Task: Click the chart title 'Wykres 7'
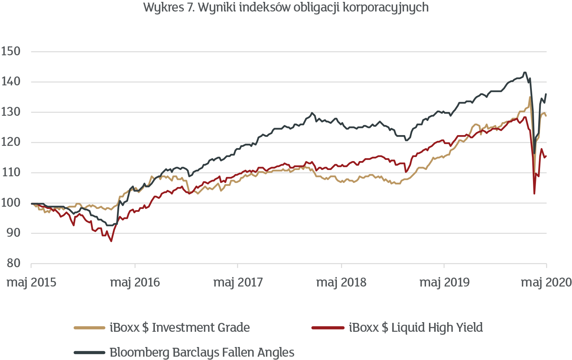(286, 7)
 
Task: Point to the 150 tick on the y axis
(10, 51)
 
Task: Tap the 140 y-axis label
(10, 82)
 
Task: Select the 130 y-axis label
(10, 112)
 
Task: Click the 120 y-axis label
(10, 142)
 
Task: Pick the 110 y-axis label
(10, 172)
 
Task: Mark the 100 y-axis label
(10, 203)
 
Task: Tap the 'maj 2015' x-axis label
(32, 282)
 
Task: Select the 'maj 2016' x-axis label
(135, 282)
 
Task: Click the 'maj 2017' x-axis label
(238, 282)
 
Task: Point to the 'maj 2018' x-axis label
(341, 282)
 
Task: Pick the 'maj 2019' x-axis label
(444, 282)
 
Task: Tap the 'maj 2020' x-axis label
(546, 282)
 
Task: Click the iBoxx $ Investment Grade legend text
(180, 327)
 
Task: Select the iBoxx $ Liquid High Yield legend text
(416, 327)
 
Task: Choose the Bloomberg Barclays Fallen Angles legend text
(202, 352)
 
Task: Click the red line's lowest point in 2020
(534, 193)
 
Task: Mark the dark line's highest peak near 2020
(525, 72)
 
